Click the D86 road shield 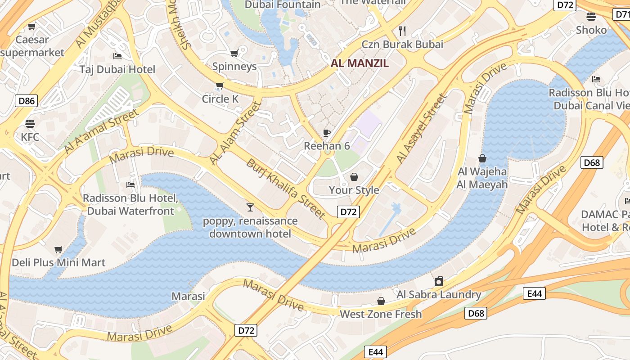point(26,101)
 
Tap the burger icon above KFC point(30,123)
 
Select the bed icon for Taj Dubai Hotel point(117,56)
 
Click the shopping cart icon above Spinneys point(234,54)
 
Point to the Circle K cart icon point(220,86)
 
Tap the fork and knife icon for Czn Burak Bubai point(402,31)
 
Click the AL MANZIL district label point(360,63)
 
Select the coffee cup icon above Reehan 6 point(327,133)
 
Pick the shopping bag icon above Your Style point(354,177)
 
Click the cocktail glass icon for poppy point(250,207)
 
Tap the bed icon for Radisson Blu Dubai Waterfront point(130,185)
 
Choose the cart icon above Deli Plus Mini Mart point(58,249)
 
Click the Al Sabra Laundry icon point(439,282)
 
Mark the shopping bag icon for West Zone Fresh point(381,301)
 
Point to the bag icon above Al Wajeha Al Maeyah point(482,158)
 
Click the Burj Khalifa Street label point(285,189)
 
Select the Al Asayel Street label point(422,129)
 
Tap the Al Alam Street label point(235,133)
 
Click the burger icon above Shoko point(591,17)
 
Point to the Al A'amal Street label point(101,131)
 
